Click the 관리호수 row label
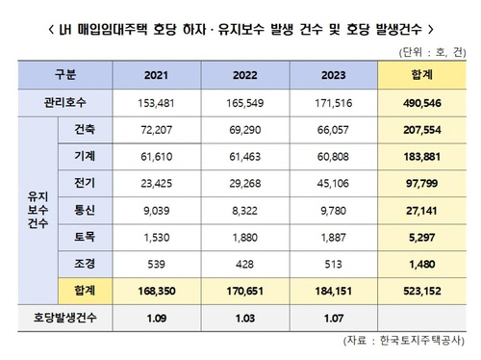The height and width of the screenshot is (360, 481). tap(65, 103)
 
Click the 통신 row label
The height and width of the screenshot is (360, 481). tap(85, 206)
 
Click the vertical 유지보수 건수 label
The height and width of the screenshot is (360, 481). tap(36, 206)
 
